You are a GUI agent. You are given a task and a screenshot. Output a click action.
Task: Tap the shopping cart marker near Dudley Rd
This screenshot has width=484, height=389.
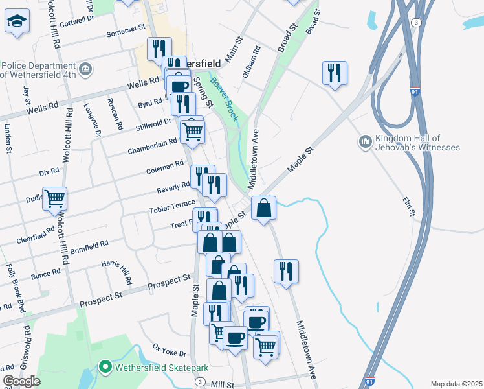pyautogui.click(x=55, y=198)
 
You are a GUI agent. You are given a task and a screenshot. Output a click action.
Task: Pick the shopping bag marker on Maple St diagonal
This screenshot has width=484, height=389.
pyautogui.click(x=263, y=209)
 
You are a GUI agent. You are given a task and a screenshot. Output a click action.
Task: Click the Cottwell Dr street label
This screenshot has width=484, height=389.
pyautogui.click(x=76, y=21)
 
